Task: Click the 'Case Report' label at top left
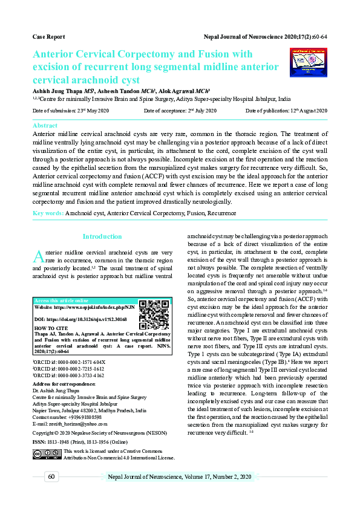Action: (x=48, y=37)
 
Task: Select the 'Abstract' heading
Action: (x=45, y=125)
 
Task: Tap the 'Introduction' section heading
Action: (x=102, y=236)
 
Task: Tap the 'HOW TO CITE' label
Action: (x=51, y=328)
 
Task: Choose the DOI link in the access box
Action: (x=82, y=318)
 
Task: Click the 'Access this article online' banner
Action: (x=62, y=300)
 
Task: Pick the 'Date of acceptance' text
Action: (x=180, y=111)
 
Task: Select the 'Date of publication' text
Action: (x=286, y=111)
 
